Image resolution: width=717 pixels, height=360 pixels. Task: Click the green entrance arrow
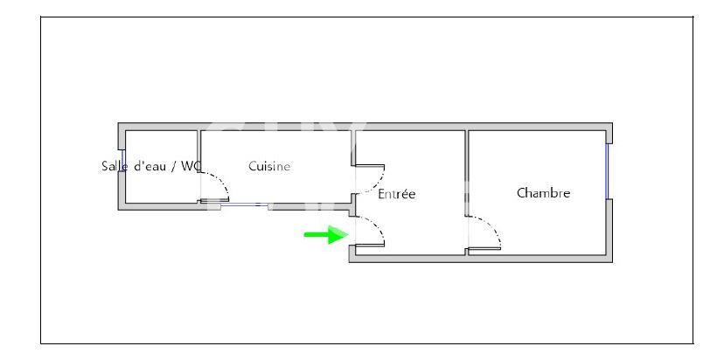click(326, 235)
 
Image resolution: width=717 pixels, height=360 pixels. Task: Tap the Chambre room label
click(543, 193)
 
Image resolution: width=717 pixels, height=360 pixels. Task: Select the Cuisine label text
click(269, 166)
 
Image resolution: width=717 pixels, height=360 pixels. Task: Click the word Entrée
click(396, 194)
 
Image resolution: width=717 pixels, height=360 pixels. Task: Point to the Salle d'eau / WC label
click(151, 166)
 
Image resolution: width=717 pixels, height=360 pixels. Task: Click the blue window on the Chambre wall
click(609, 171)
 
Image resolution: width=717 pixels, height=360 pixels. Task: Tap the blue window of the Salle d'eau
click(122, 160)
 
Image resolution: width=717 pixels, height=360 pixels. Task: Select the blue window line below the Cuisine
click(245, 204)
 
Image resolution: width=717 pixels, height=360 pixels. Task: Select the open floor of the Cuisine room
click(275, 187)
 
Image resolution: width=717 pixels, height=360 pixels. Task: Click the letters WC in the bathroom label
click(191, 166)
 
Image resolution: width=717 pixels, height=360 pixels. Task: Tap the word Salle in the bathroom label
click(114, 166)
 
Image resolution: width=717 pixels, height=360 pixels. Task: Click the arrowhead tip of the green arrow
click(349, 235)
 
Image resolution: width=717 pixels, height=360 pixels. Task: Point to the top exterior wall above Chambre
click(539, 127)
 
